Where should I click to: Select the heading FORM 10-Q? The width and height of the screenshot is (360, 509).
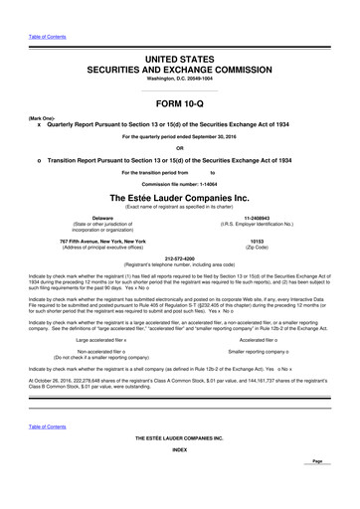pyautogui.click(x=179, y=101)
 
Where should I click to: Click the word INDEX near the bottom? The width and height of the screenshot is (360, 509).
pyautogui.click(x=179, y=476)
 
